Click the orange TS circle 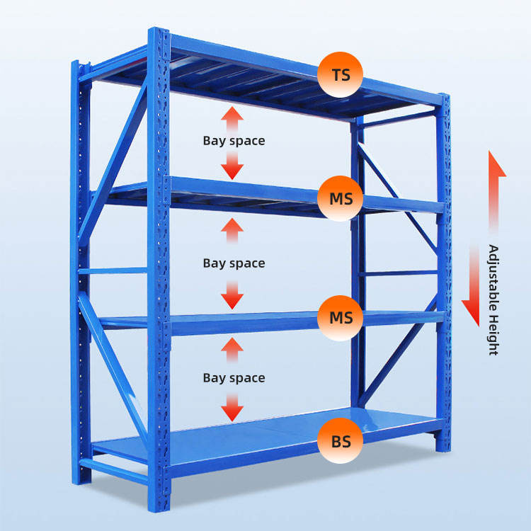point(341,74)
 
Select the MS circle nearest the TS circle point(341,196)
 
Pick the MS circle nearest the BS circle point(341,317)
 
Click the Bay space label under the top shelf point(234,140)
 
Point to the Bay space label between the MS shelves point(234,263)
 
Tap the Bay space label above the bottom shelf point(234,377)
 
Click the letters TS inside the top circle point(341,74)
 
